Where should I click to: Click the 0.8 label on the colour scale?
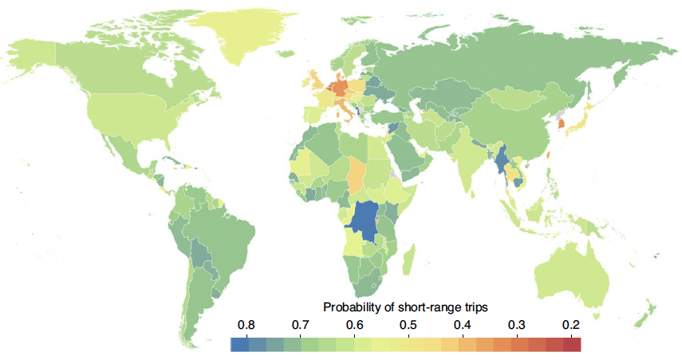click(x=246, y=325)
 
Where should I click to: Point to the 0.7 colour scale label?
click(x=300, y=325)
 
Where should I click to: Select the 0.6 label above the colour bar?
click(x=355, y=325)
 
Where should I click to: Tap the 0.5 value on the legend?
click(x=408, y=325)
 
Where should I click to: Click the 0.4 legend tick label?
click(x=463, y=325)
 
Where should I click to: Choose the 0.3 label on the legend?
click(x=517, y=325)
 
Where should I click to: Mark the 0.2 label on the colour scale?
click(x=571, y=325)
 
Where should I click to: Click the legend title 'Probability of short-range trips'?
click(x=405, y=307)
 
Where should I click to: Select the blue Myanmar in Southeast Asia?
click(x=503, y=160)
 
